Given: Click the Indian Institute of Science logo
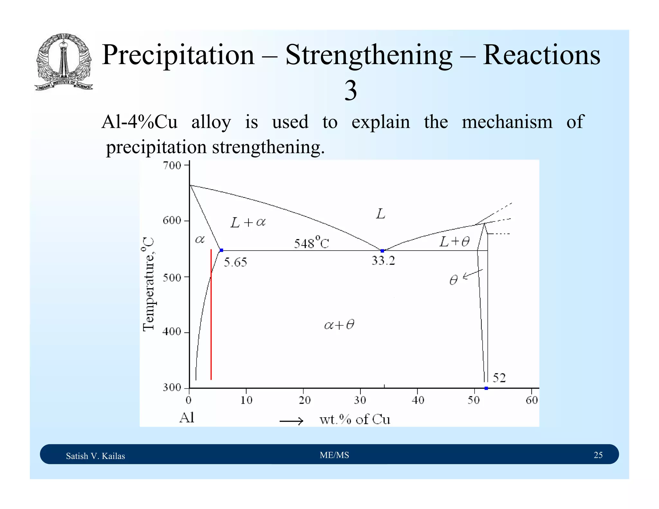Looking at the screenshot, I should click(64, 62).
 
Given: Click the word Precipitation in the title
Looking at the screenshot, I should click(178, 55).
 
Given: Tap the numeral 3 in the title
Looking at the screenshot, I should click(350, 90).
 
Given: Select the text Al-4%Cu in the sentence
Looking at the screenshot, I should click(139, 122).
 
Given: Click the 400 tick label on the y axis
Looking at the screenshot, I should click(172, 332).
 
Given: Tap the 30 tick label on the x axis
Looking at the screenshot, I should click(360, 400).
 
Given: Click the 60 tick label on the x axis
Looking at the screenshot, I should click(532, 400).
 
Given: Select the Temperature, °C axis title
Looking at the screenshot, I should click(148, 284).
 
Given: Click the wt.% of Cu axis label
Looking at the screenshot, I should click(355, 420).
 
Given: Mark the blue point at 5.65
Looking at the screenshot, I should click(221, 250).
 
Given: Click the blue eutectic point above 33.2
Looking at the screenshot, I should click(382, 251).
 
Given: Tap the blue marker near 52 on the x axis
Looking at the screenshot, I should click(486, 388).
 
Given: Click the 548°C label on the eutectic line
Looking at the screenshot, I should click(311, 243).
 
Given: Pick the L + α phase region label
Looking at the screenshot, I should click(248, 222).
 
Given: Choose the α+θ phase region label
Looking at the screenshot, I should click(339, 325).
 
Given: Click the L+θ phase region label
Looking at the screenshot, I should click(455, 241).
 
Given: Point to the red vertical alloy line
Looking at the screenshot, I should click(211, 315).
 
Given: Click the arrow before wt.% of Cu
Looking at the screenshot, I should click(291, 421).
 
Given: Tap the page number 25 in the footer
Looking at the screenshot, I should click(598, 455).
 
